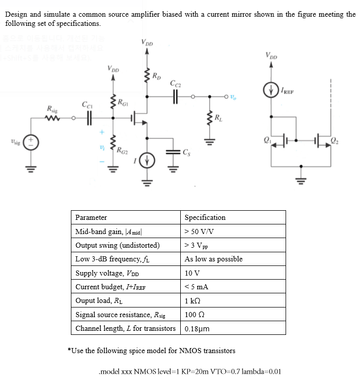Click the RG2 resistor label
click(x=122, y=149)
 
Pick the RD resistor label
click(x=159, y=76)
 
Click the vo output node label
click(x=233, y=96)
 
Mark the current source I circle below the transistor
click(x=147, y=164)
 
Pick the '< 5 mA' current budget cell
click(x=196, y=287)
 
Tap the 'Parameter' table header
click(x=91, y=217)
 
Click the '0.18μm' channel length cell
click(x=197, y=328)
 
